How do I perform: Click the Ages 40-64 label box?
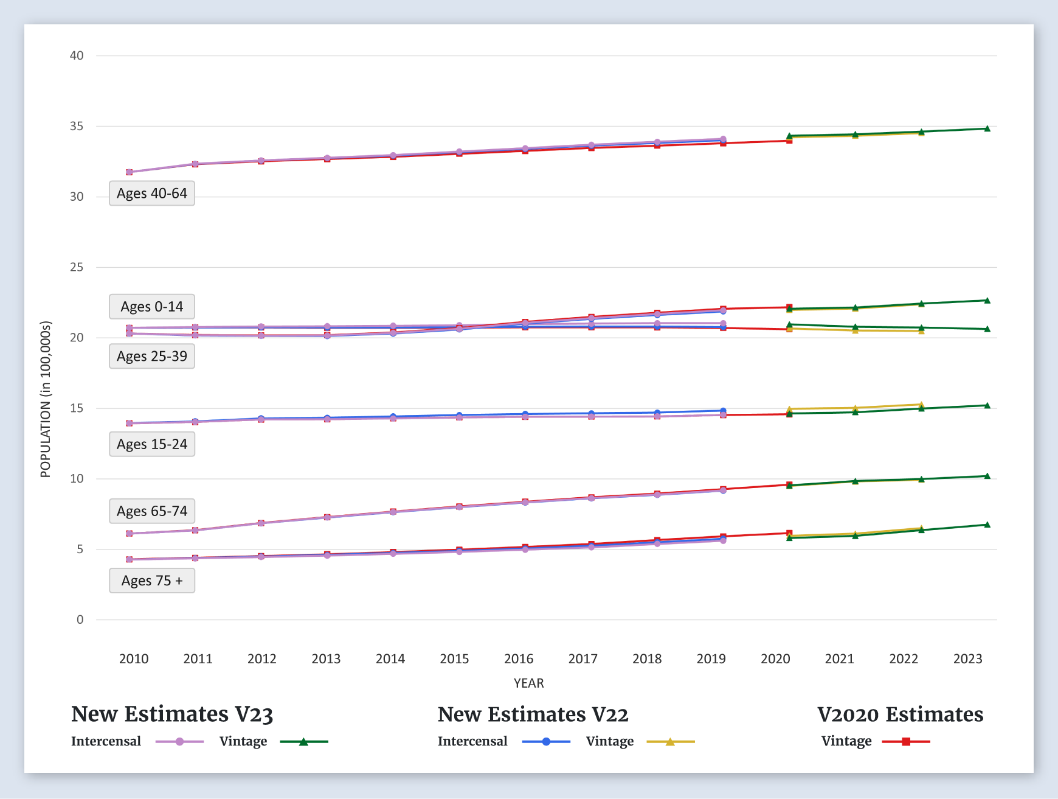(x=152, y=194)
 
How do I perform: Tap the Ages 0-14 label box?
(x=152, y=307)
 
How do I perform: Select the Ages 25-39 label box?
(x=152, y=356)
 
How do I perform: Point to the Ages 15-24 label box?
(x=152, y=444)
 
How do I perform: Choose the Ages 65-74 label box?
(x=152, y=511)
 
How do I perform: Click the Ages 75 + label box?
(x=152, y=581)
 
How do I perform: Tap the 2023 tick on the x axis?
(x=967, y=658)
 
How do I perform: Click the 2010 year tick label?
(x=134, y=658)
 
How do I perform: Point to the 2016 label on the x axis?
(x=519, y=658)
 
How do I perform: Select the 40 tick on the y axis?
(x=77, y=56)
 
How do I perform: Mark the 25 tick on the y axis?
(x=77, y=267)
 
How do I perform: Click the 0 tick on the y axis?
(x=80, y=619)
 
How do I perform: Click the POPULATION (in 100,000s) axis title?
(x=46, y=399)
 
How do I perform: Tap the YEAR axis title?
(x=528, y=683)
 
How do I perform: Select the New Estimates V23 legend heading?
(x=172, y=714)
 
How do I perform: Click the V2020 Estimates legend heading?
(x=900, y=714)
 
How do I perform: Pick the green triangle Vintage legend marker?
(x=303, y=742)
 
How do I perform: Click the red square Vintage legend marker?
(x=906, y=742)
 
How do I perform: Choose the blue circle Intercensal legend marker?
(x=546, y=742)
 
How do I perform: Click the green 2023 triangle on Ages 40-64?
(x=987, y=128)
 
